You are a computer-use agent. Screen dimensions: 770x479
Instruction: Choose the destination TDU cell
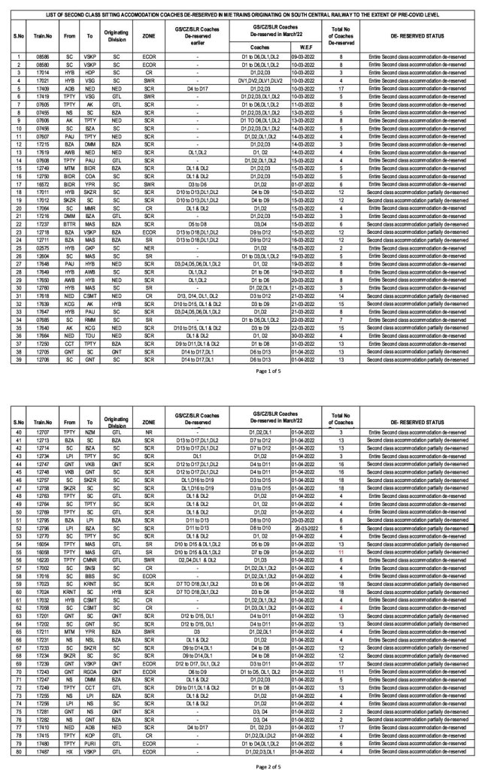click(89, 333)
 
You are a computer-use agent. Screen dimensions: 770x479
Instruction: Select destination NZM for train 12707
click(89, 432)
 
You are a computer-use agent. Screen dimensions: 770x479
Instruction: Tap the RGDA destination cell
click(89, 671)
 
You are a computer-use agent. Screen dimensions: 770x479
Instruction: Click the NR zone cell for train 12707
click(149, 432)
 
